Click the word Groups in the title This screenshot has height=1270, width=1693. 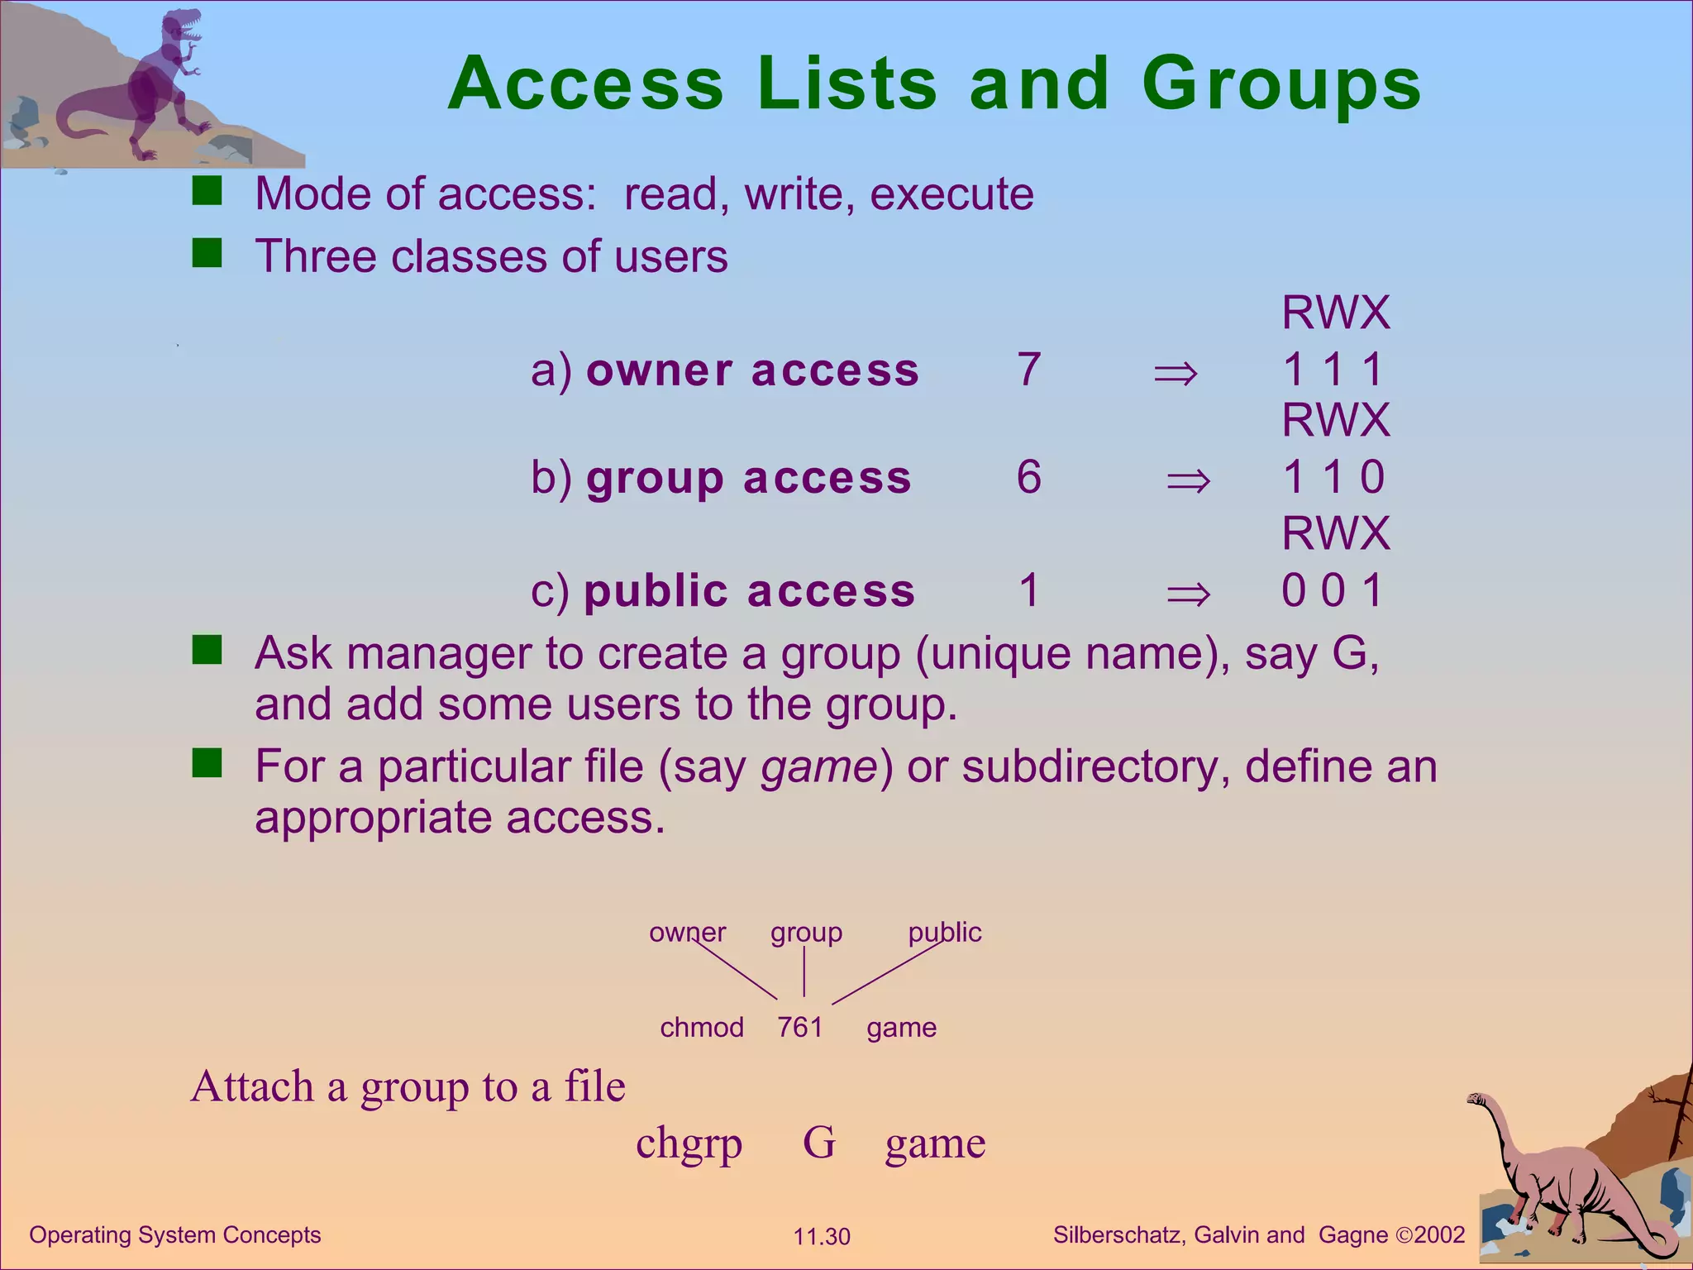pyautogui.click(x=1281, y=84)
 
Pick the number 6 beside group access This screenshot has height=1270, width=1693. pyautogui.click(x=1029, y=477)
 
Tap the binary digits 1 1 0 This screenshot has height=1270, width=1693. pyautogui.click(x=1333, y=477)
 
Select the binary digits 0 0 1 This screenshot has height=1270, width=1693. pyautogui.click(x=1333, y=590)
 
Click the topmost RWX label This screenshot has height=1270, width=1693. pyautogui.click(x=1336, y=313)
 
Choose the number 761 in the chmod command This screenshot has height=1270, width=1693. pyautogui.click(x=800, y=1027)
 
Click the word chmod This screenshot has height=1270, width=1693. pyautogui.click(x=702, y=1027)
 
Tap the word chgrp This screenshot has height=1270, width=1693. pyautogui.click(x=689, y=1144)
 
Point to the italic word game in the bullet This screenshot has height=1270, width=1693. pyautogui.click(x=818, y=766)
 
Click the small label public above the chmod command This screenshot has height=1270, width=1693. pyautogui.click(x=945, y=933)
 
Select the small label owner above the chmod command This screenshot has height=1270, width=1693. pyautogui.click(x=687, y=933)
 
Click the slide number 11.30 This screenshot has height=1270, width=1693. pyautogui.click(x=822, y=1237)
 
